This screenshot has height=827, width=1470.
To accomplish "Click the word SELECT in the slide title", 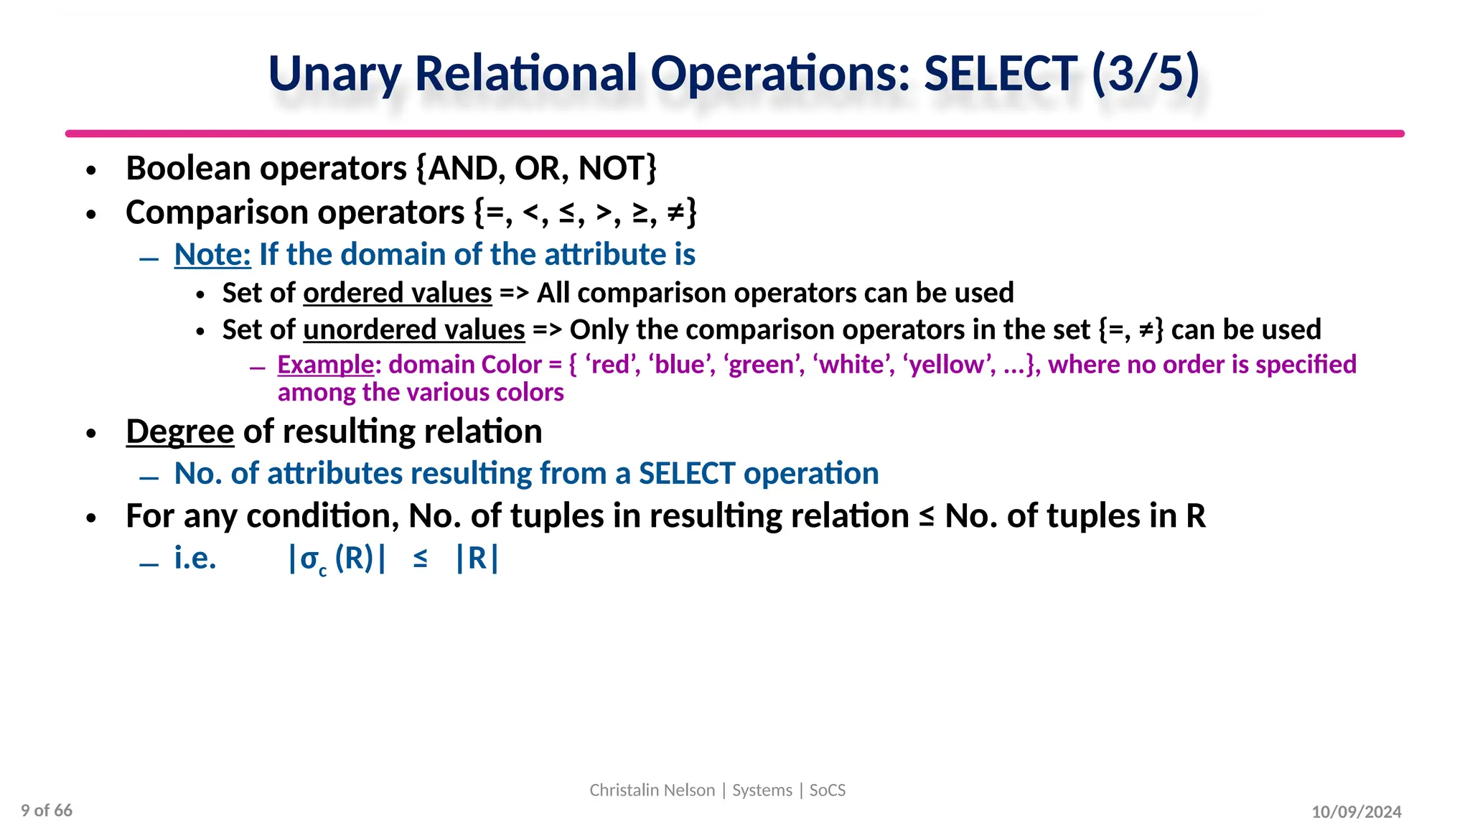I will coord(999,73).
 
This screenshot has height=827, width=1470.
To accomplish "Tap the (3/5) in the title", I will coord(1145,73).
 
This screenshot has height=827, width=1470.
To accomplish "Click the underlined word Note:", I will coord(212,255).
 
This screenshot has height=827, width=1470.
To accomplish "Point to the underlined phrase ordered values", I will coord(398,293).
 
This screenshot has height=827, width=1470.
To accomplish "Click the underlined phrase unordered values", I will coord(414,330).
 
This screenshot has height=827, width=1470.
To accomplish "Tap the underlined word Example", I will coord(326,365).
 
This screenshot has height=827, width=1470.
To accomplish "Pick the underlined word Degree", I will coord(180,431).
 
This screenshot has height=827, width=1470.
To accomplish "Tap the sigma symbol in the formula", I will coord(309,559).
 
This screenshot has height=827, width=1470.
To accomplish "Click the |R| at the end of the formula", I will coord(477,559).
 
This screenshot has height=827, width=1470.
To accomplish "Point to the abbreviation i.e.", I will coord(195,559).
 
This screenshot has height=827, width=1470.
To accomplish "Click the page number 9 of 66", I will coord(47,810).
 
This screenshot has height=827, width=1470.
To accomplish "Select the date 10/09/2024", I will coord(1356,812).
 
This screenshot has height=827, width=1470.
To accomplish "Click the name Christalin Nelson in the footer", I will coord(652,790).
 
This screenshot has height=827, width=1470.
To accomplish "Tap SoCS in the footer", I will coord(828,790).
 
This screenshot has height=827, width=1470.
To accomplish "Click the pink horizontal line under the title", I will coord(734,134).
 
